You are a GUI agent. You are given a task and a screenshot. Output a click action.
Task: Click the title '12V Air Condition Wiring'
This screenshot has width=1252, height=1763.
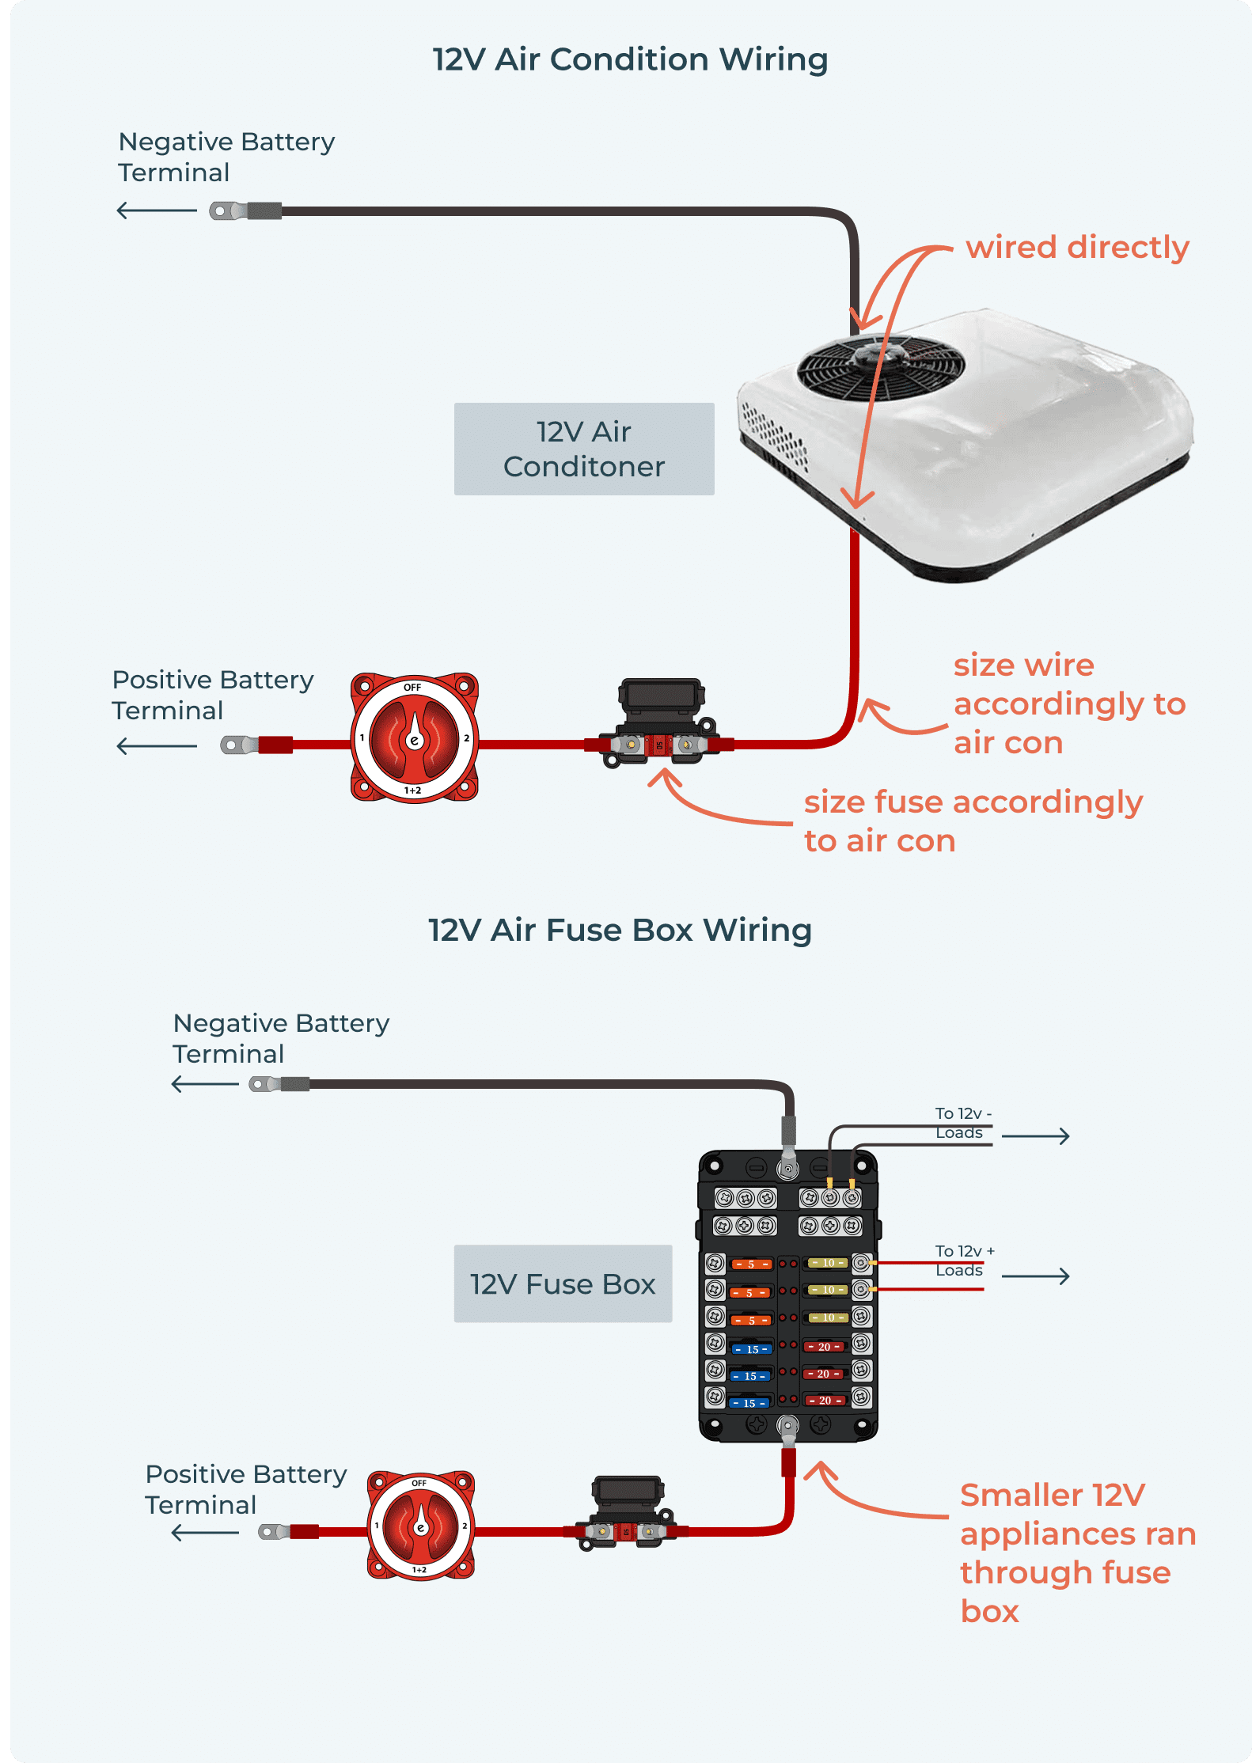pos(630,59)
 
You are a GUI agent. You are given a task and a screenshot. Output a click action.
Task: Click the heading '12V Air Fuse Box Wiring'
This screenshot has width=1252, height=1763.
pos(620,930)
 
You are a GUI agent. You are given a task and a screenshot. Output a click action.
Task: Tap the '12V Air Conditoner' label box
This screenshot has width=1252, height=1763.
pos(584,449)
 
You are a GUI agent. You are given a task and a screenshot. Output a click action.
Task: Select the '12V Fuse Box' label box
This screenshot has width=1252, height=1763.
pos(563,1283)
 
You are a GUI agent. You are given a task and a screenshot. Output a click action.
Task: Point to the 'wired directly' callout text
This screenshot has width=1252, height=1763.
pos(1077,248)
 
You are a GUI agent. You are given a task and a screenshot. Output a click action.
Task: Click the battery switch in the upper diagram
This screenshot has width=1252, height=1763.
pos(414,738)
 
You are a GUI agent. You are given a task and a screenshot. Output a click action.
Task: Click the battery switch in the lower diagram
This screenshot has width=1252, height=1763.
pos(420,1525)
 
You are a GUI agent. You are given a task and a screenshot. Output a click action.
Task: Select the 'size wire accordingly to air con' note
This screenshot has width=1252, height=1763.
pos(1068,703)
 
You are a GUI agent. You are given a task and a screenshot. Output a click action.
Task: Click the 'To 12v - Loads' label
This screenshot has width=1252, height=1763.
pos(962,1123)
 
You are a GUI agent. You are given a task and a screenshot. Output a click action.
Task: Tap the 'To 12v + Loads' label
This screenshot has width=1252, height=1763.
pos(963,1261)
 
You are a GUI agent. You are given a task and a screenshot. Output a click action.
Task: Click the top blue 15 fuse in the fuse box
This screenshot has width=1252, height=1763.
pos(752,1349)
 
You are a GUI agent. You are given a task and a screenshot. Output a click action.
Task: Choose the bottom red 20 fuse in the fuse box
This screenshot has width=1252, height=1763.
pos(825,1400)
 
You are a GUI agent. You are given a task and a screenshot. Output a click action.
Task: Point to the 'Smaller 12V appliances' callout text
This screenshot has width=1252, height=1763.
pos(1076,1553)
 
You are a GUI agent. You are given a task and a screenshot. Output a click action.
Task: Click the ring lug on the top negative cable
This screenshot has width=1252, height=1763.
pos(226,211)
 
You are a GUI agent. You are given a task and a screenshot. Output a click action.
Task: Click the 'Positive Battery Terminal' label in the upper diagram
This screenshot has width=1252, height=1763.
pos(212,694)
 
